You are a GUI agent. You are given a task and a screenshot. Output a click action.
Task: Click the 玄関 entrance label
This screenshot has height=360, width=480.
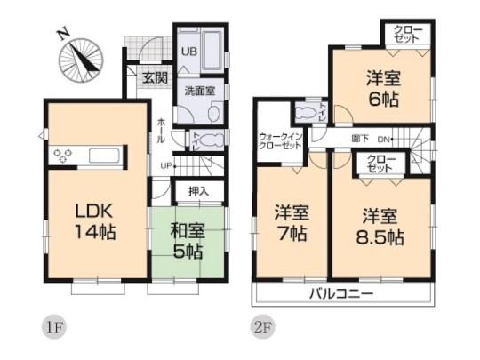pos(155,78)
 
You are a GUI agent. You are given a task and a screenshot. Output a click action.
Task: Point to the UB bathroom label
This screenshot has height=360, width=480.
pos(188,52)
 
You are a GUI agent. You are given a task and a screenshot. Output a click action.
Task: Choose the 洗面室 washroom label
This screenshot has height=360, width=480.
pos(198,90)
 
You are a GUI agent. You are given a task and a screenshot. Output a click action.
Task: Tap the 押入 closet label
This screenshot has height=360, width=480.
pos(198,190)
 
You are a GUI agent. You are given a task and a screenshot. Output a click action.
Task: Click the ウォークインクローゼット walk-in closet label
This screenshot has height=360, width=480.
pos(280,141)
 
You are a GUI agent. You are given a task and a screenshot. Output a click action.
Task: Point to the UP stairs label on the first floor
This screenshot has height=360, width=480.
pos(166,165)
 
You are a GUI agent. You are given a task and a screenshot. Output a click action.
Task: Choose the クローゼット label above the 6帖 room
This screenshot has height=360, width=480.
pos(409,35)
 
